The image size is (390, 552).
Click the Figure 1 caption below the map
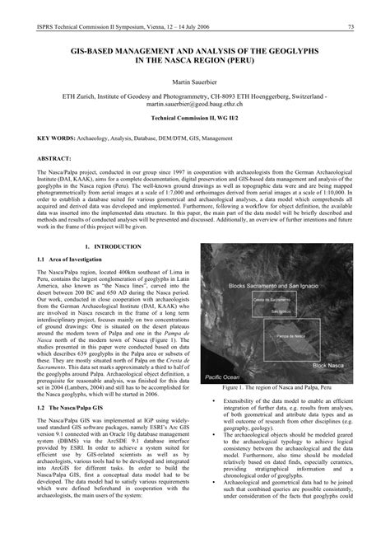276,387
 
